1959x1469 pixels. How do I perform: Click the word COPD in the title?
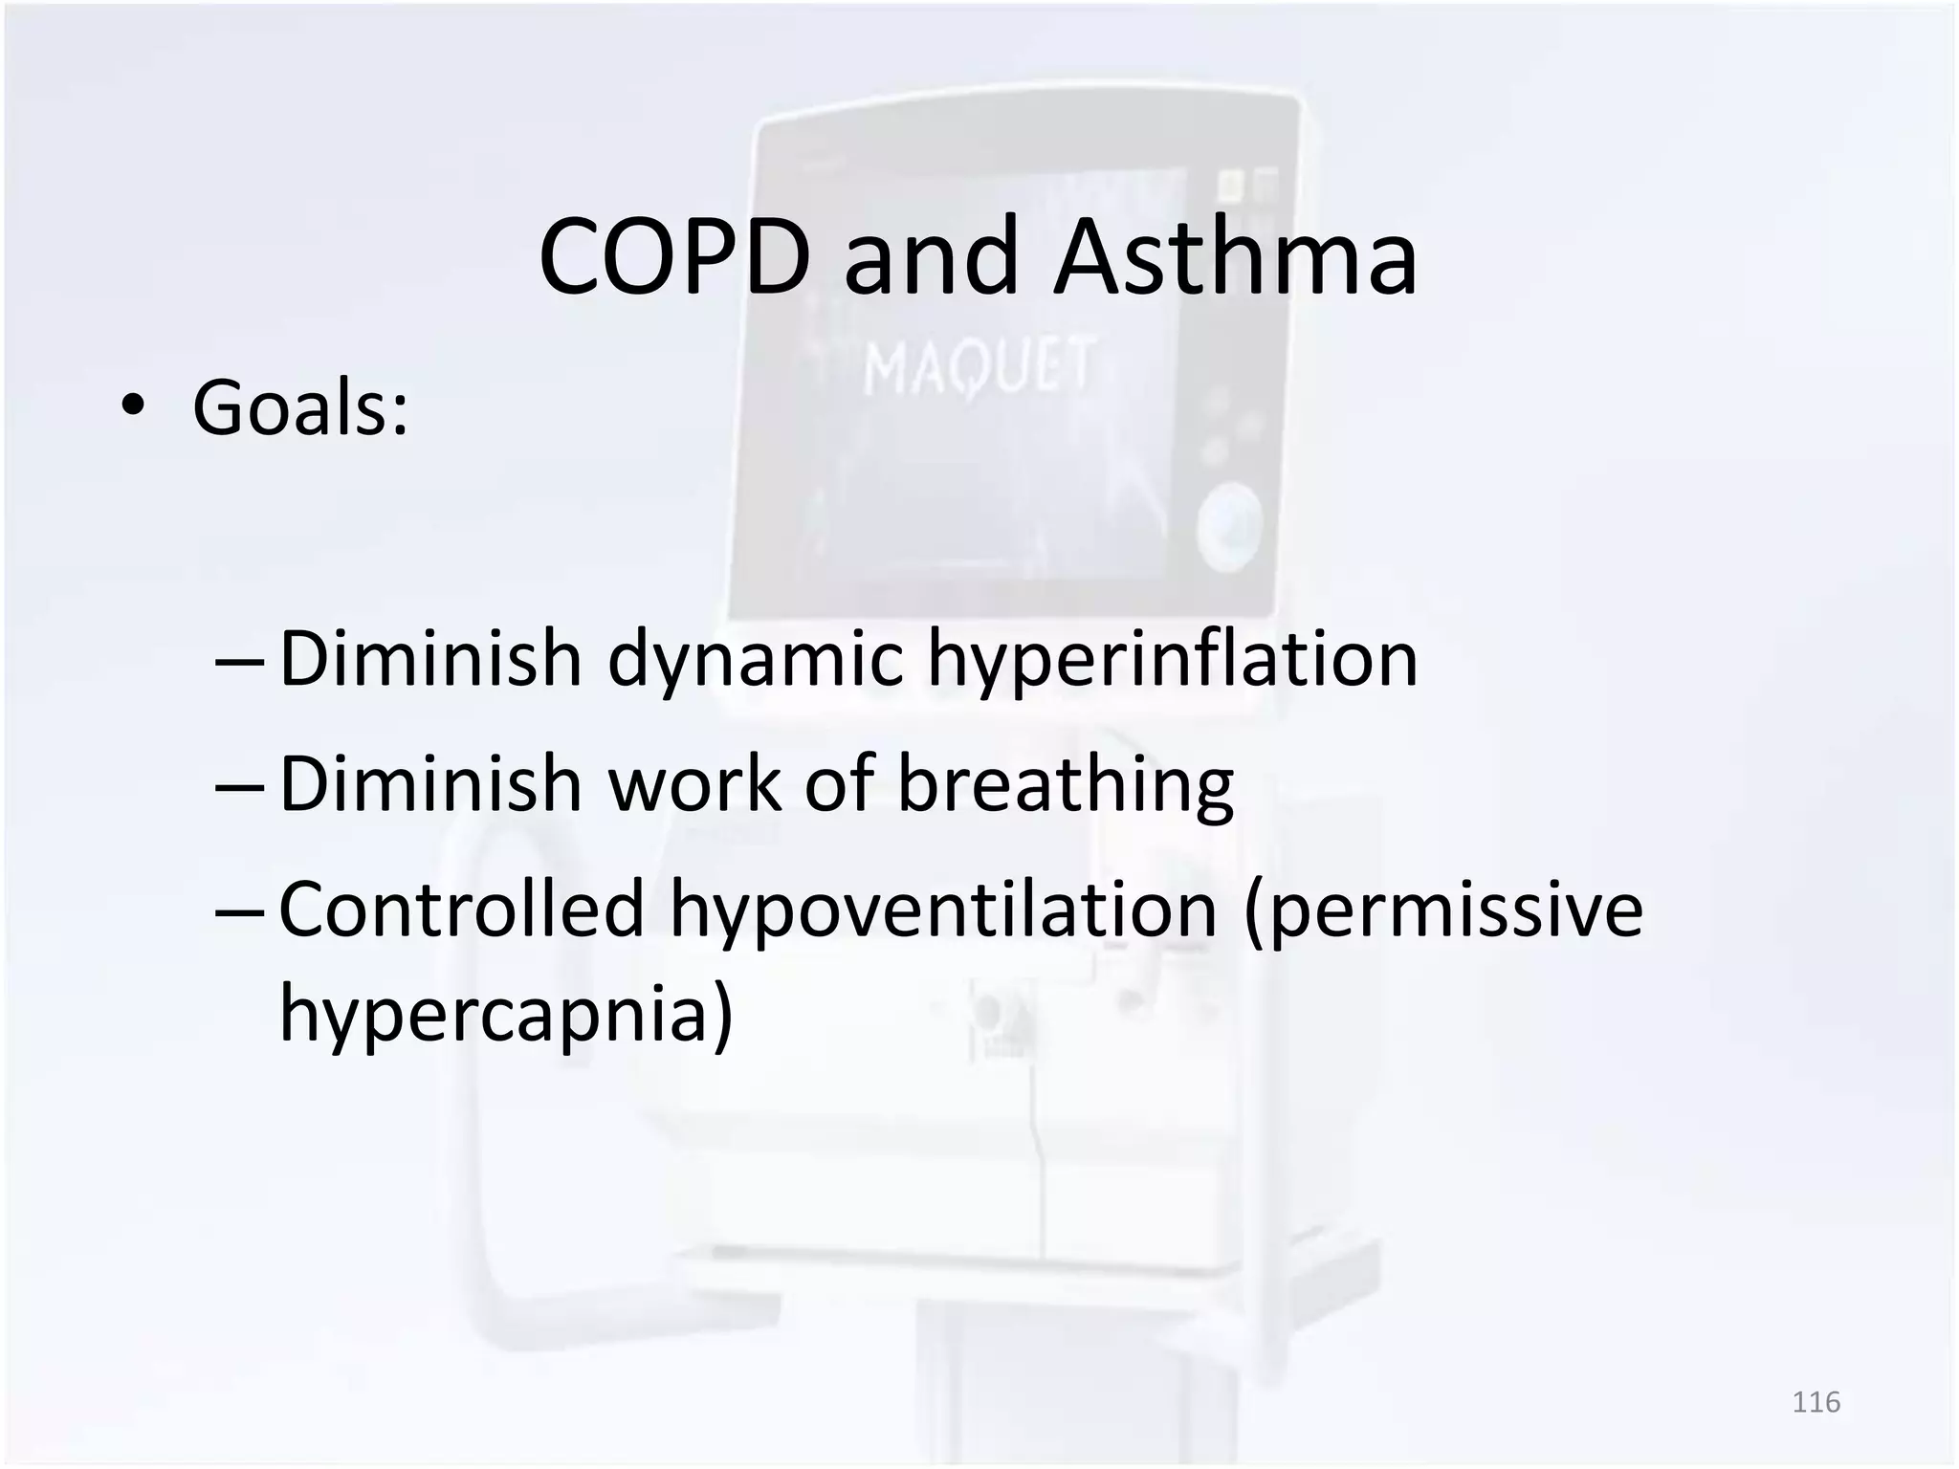pyautogui.click(x=675, y=257)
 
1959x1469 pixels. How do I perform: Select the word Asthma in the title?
pyautogui.click(x=1235, y=257)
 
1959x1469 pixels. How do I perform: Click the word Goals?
pyautogui.click(x=300, y=408)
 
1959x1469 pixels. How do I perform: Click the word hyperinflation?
pyautogui.click(x=1173, y=660)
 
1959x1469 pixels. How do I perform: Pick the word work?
pyautogui.click(x=694, y=784)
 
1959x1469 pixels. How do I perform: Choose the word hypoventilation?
pyautogui.click(x=942, y=910)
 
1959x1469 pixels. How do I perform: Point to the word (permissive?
pyautogui.click(x=1443, y=910)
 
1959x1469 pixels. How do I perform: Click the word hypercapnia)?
pyautogui.click(x=506, y=1014)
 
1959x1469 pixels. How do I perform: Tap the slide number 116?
pyautogui.click(x=1816, y=1403)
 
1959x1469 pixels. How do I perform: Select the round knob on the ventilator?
pyautogui.click(x=1229, y=527)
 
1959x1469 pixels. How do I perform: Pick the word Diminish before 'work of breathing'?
pyautogui.click(x=430, y=784)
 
